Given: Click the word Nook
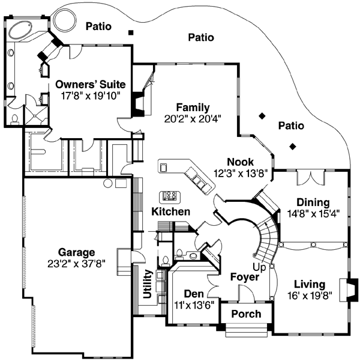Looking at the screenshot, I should [240, 162].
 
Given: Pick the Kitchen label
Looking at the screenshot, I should [171, 211].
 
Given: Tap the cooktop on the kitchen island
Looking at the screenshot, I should [170, 196].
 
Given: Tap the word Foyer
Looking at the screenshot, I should [245, 277].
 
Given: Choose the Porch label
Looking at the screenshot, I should [246, 314].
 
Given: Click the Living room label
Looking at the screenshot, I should [310, 284].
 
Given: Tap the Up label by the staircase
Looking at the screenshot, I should [259, 266].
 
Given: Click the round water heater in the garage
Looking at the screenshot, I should [108, 182].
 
